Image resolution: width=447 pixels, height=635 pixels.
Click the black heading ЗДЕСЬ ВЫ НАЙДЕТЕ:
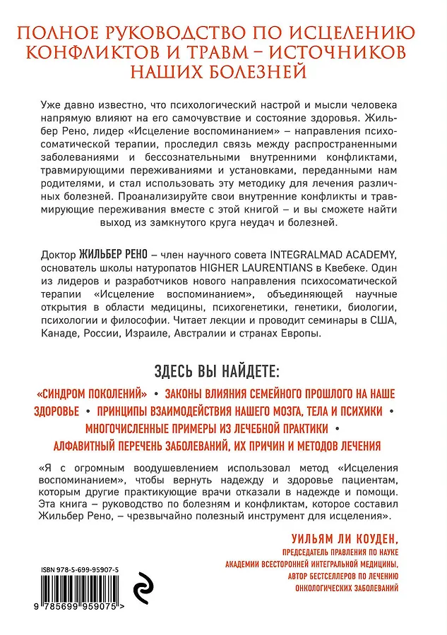[x=223, y=371]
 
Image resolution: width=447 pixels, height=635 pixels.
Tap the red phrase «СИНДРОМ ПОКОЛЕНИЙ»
[x=94, y=393]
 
